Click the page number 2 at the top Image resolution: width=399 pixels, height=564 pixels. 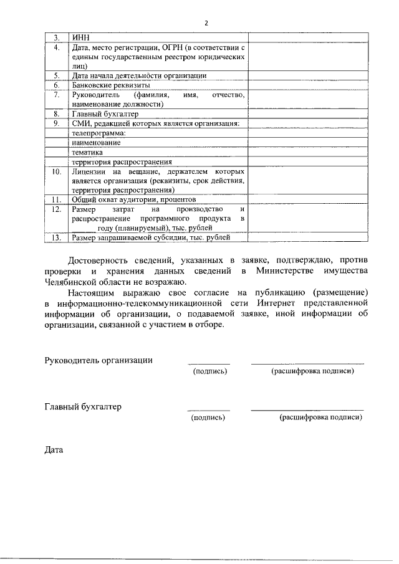click(x=206, y=23)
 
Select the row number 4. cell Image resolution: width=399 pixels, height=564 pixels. click(x=56, y=47)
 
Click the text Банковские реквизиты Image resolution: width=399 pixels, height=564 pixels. click(x=111, y=84)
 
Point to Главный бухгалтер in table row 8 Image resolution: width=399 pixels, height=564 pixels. click(x=105, y=114)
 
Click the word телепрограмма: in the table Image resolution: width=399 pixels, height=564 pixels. click(x=99, y=133)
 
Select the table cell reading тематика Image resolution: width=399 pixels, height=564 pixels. click(x=88, y=151)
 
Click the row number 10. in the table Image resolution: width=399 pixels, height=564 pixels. click(x=56, y=170)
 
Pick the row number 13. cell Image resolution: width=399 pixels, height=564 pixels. click(x=56, y=237)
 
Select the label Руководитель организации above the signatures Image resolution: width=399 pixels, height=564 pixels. click(x=99, y=360)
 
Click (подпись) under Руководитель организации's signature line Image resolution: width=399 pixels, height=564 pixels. click(x=209, y=371)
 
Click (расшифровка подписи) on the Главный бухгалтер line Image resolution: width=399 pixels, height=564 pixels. click(x=321, y=418)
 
